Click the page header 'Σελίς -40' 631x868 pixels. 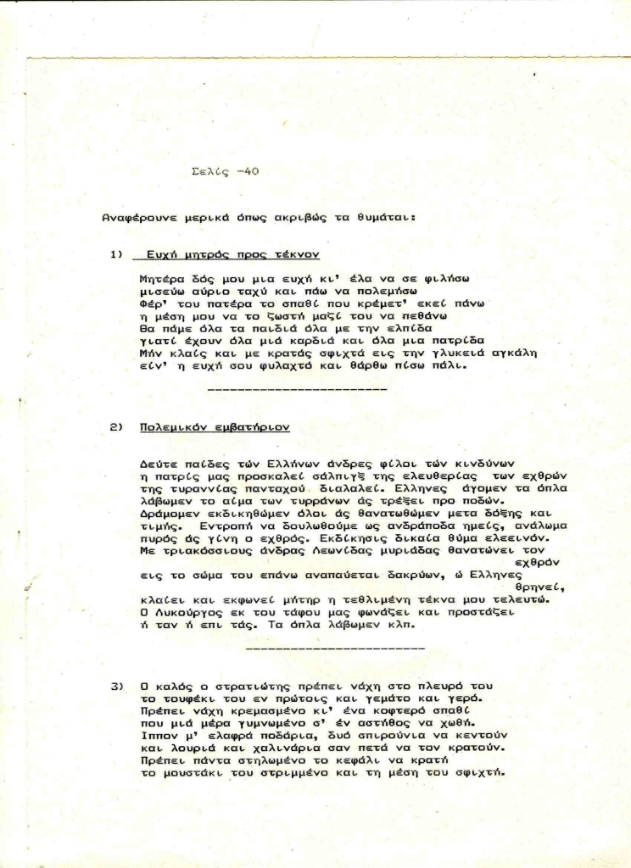[x=225, y=171]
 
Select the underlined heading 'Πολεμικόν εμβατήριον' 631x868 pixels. [x=215, y=427]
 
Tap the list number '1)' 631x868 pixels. [x=117, y=254]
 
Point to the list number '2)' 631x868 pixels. [x=117, y=427]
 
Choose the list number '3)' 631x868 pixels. [x=117, y=685]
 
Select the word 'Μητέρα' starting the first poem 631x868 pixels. [x=159, y=277]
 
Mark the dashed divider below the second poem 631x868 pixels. [x=334, y=647]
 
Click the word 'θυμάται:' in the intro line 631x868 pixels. [x=385, y=217]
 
